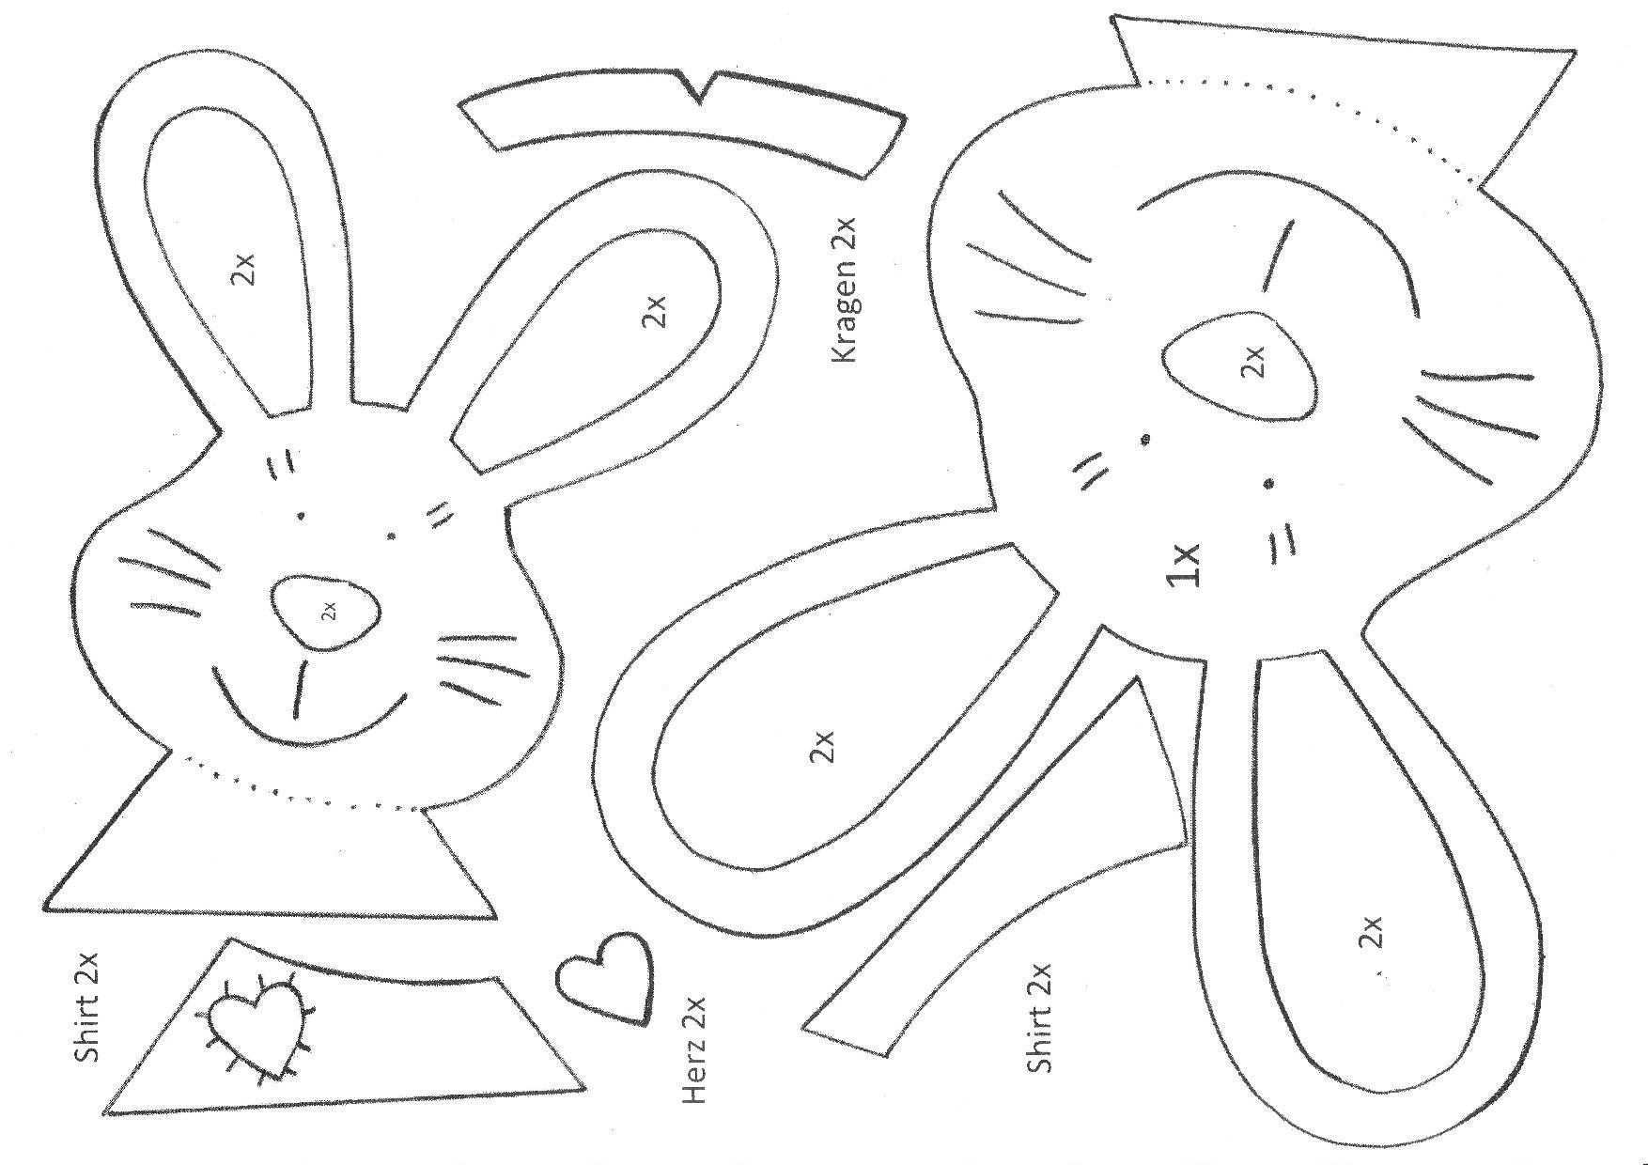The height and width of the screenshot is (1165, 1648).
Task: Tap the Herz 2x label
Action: tap(692, 1048)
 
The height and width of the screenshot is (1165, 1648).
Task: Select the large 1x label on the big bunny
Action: tap(1184, 565)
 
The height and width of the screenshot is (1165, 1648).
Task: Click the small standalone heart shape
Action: tap(604, 976)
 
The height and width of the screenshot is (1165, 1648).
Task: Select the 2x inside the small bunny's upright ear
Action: tap(241, 272)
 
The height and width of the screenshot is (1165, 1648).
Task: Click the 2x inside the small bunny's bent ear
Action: tap(654, 311)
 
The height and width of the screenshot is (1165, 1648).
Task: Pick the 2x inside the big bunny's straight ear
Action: tap(1372, 932)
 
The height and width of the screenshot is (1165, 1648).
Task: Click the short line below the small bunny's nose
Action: tap(301, 690)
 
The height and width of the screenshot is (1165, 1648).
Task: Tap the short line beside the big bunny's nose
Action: tap(1277, 254)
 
